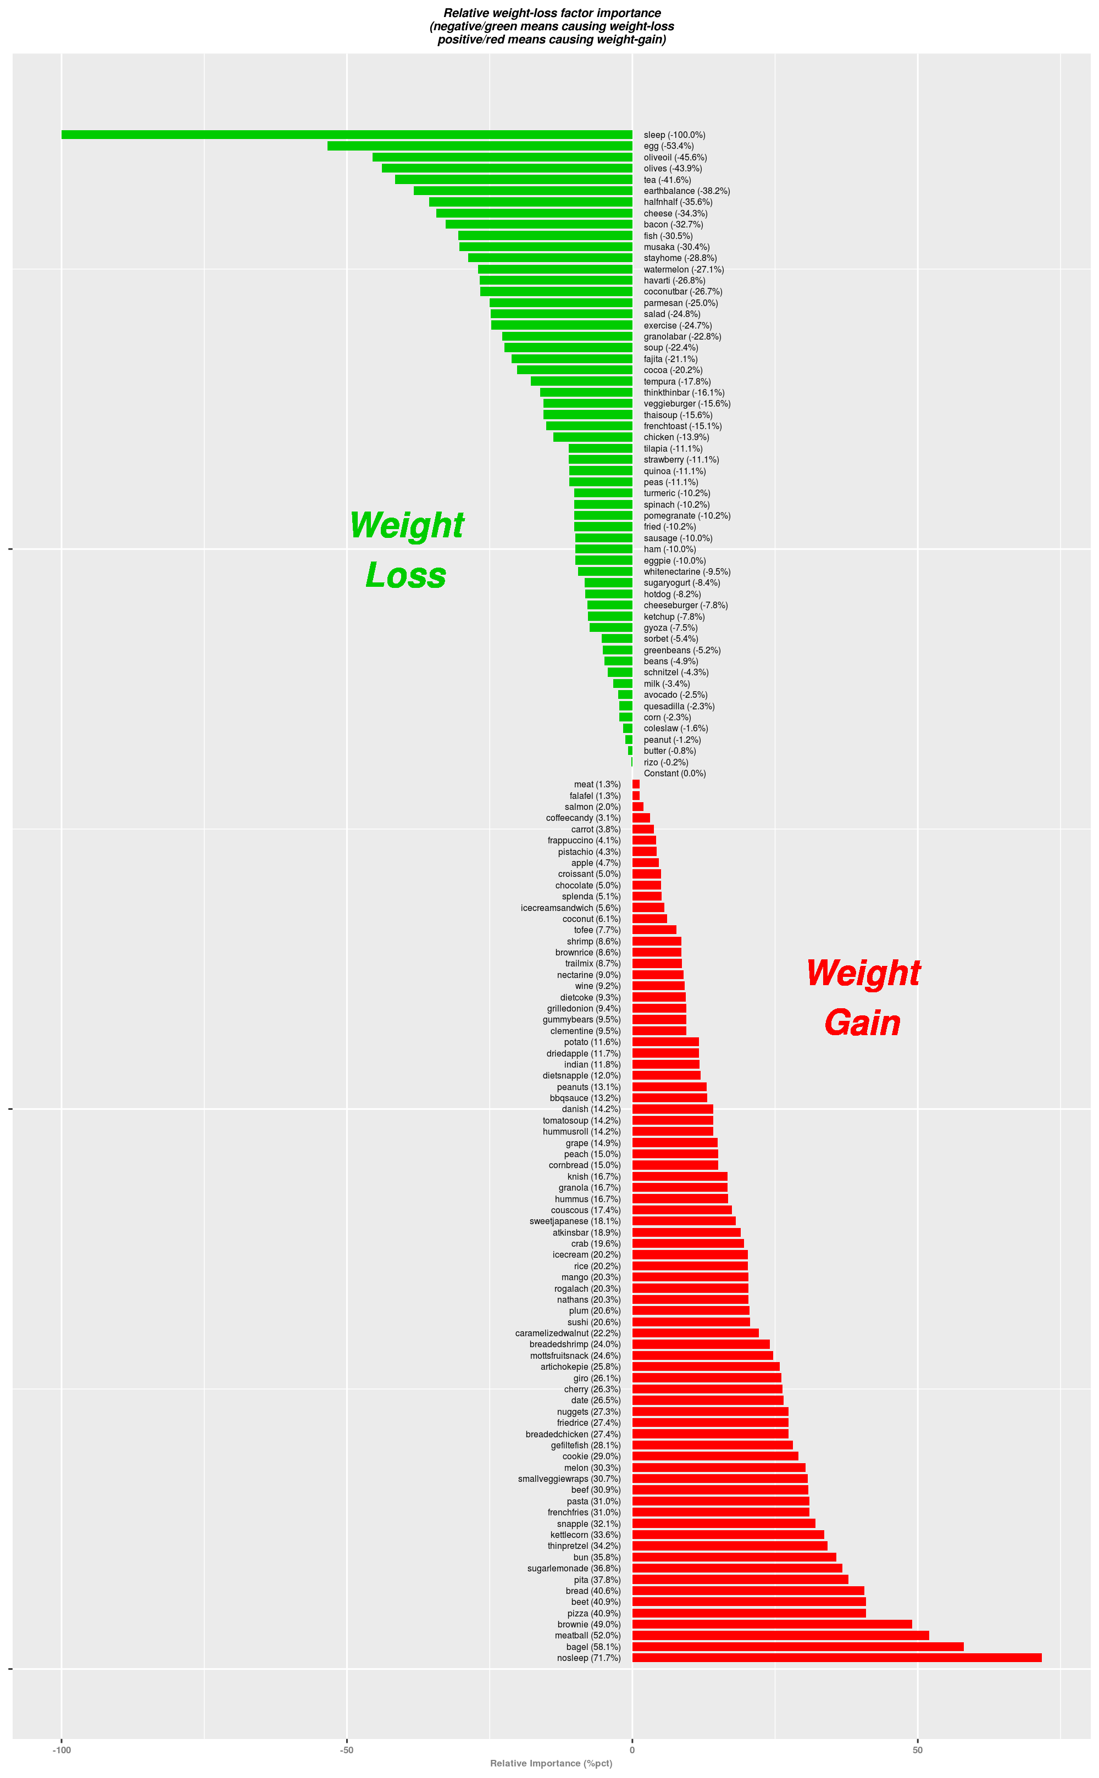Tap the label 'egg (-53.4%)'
[x=668, y=146]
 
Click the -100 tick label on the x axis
[x=62, y=1749]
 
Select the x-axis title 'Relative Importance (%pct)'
[x=551, y=1763]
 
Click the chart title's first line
[x=552, y=13]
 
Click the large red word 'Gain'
[x=862, y=1023]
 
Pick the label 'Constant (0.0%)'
[x=675, y=773]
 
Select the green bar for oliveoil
[x=502, y=157]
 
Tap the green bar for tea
[x=513, y=180]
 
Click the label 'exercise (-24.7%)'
[x=678, y=325]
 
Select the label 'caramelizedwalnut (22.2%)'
[x=568, y=1333]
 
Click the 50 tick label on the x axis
[x=917, y=1749]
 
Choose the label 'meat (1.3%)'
[x=597, y=784]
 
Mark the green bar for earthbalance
[x=523, y=190]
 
